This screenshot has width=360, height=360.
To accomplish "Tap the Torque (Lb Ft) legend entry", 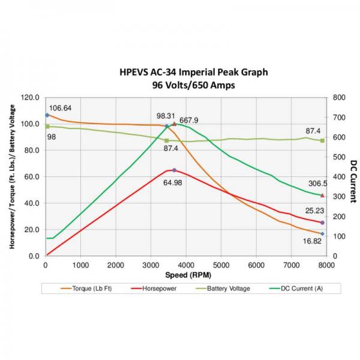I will pyautogui.click(x=90, y=289).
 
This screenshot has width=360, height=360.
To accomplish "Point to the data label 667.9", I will pyautogui.click(x=188, y=120).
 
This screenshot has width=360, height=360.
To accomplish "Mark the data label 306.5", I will pyautogui.click(x=315, y=184).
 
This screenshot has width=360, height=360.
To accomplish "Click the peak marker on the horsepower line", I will pyautogui.click(x=174, y=170).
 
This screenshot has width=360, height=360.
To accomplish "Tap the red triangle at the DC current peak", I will pyautogui.click(x=175, y=124).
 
